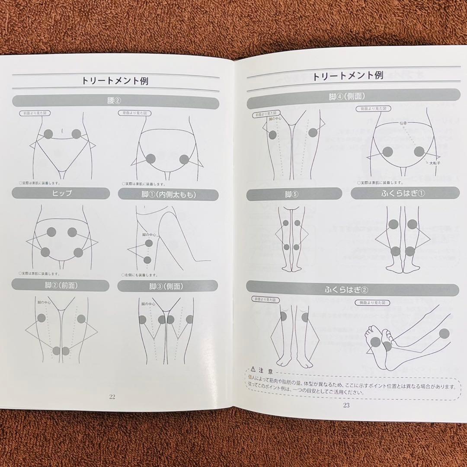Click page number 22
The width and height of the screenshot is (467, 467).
[112, 397]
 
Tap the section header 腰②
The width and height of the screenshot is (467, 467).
[115, 101]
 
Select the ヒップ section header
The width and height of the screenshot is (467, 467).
[62, 194]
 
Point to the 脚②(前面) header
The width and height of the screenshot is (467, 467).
[61, 285]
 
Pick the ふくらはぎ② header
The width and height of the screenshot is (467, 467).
[352, 289]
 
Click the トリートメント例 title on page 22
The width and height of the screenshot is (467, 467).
[115, 80]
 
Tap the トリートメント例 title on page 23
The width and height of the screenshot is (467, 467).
[348, 76]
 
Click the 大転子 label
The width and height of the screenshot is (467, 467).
[434, 163]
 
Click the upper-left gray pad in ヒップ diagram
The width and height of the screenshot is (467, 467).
[51, 232]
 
